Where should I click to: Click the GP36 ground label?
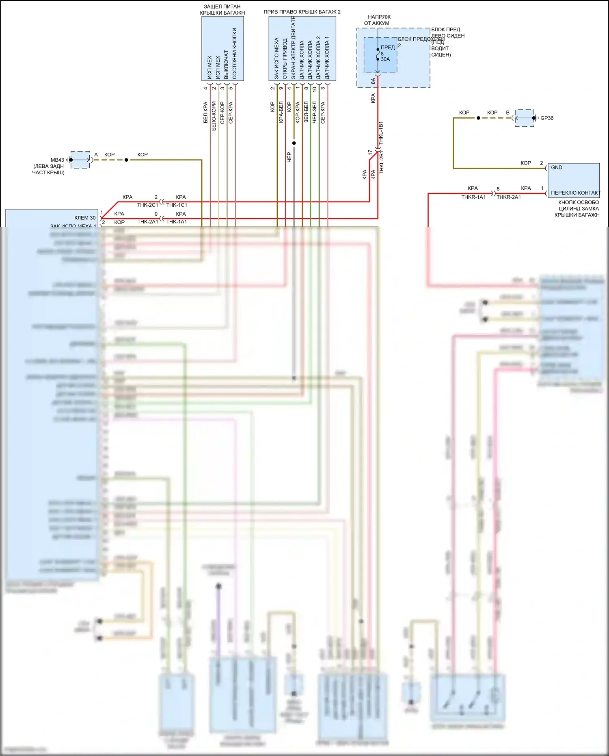pyautogui.click(x=546, y=118)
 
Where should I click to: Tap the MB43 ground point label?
pyautogui.click(x=57, y=160)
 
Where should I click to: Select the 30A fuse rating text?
pyautogui.click(x=385, y=59)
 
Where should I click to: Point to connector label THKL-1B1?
pyautogui.click(x=381, y=133)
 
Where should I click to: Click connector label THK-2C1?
pyautogui.click(x=147, y=205)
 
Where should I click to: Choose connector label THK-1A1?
pyautogui.click(x=177, y=222)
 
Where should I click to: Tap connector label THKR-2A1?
pyautogui.click(x=508, y=197)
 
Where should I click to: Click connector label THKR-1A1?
pyautogui.click(x=473, y=197)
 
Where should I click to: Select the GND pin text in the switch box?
pyautogui.click(x=557, y=167)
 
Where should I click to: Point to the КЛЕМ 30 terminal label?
pyautogui.click(x=85, y=218)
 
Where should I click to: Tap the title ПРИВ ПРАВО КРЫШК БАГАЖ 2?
pyautogui.click(x=302, y=12)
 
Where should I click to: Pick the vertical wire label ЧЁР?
pyautogui.click(x=289, y=157)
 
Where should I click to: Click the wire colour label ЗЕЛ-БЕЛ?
pyautogui.click(x=306, y=112)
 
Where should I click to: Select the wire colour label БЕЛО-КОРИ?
pyautogui.click(x=214, y=116)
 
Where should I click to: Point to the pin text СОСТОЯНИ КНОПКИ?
pyautogui.click(x=235, y=53)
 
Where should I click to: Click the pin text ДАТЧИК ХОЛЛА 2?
pyautogui.click(x=319, y=57)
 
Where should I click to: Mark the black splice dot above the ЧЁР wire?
pyautogui.click(x=294, y=143)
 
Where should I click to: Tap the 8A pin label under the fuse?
pyautogui.click(x=373, y=81)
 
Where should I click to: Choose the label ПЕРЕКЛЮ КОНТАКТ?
pyautogui.click(x=575, y=193)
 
